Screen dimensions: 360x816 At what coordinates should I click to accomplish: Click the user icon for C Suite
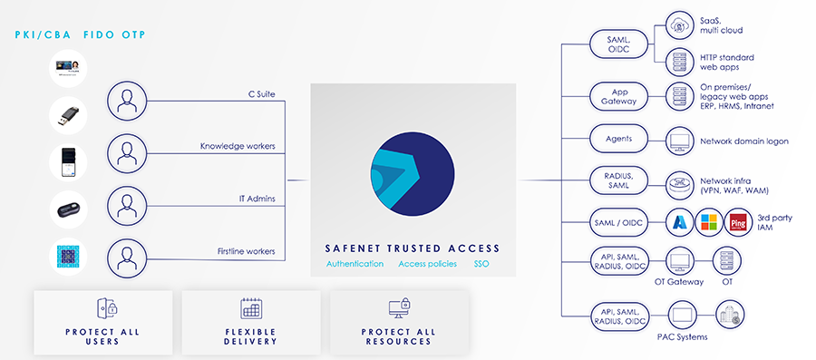pyautogui.click(x=127, y=101)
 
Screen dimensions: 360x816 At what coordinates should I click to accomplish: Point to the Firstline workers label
pyautogui.click(x=248, y=250)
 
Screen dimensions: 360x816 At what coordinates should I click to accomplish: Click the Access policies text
pyautogui.click(x=427, y=265)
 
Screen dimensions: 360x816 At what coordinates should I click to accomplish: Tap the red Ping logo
pyautogui.click(x=741, y=222)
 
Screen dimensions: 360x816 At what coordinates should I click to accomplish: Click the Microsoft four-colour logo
pyautogui.click(x=710, y=222)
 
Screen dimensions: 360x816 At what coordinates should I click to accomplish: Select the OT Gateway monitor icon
pyautogui.click(x=680, y=262)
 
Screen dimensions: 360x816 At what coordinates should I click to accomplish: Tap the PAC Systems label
pyautogui.click(x=681, y=338)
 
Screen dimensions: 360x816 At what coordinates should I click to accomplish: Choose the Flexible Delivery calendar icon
pyautogui.click(x=250, y=308)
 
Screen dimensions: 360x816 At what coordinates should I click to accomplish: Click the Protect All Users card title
pyautogui.click(x=102, y=336)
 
